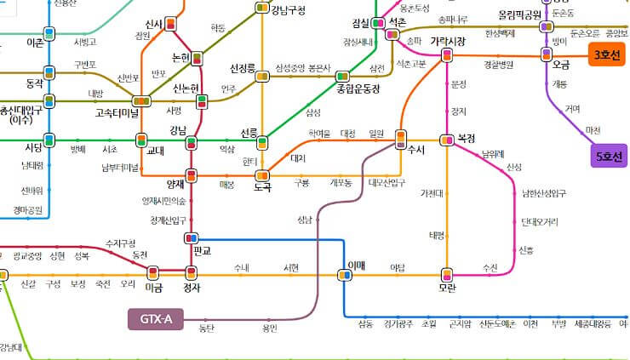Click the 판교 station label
[x=203, y=251]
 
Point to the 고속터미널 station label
[x=117, y=111]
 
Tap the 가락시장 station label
[x=448, y=41]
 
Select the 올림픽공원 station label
[x=521, y=15]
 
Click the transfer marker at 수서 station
[x=400, y=138]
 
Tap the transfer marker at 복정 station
[x=446, y=139]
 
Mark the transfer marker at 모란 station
[x=446, y=274]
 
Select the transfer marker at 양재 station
[x=192, y=176]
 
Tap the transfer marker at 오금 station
[x=547, y=54]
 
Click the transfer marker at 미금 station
[x=154, y=273]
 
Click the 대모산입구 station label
[x=387, y=182]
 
